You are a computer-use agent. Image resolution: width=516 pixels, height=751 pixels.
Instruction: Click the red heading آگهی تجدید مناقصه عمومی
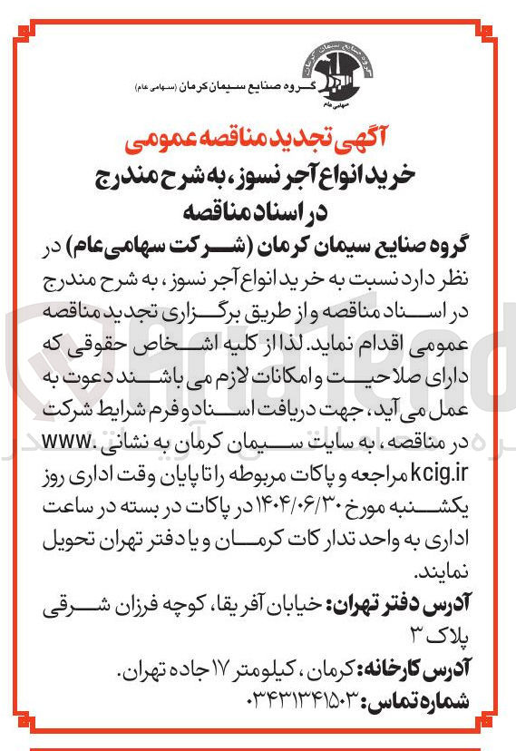pyautogui.click(x=258, y=141)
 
